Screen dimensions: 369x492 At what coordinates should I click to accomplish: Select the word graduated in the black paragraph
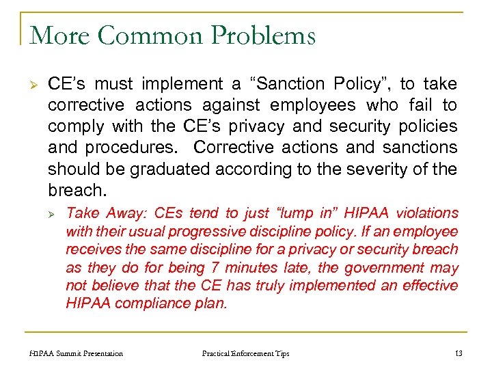(142, 168)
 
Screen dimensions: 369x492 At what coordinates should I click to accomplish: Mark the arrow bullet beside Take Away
(55, 214)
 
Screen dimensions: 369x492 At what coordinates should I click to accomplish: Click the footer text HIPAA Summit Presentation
(77, 353)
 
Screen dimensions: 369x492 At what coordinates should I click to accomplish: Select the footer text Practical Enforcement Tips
(245, 353)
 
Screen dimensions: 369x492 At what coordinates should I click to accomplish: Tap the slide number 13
(458, 353)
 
